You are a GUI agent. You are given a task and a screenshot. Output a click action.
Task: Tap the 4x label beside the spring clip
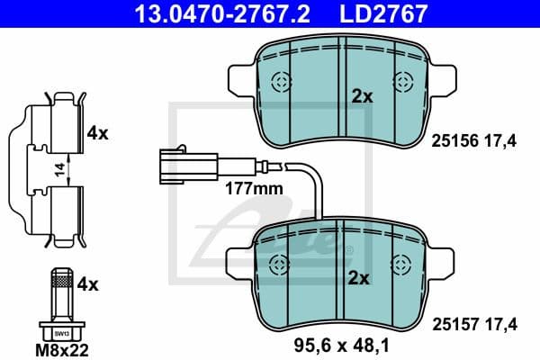97,133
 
